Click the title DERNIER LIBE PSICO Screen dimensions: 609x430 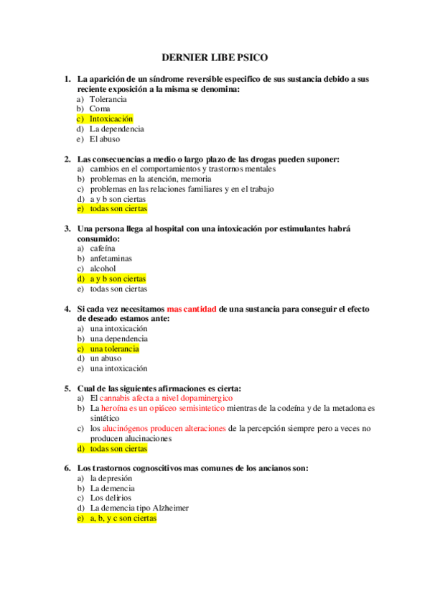(215, 57)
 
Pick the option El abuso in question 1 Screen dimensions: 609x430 (105, 139)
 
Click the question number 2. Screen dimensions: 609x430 (67, 159)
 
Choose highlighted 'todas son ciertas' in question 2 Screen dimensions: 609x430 (118, 209)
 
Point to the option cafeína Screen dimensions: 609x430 (102, 248)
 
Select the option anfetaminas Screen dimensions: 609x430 (111, 258)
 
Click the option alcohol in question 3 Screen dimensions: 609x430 (103, 269)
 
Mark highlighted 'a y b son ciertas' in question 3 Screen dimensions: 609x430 (117, 279)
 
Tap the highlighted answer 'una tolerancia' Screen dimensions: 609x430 (114, 348)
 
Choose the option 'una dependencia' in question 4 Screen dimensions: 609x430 (118, 338)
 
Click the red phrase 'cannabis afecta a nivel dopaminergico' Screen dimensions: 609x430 (166, 398)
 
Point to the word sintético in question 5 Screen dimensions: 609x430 (106, 418)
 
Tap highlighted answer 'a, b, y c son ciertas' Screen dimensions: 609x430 (123, 518)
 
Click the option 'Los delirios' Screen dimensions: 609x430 (109, 498)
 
